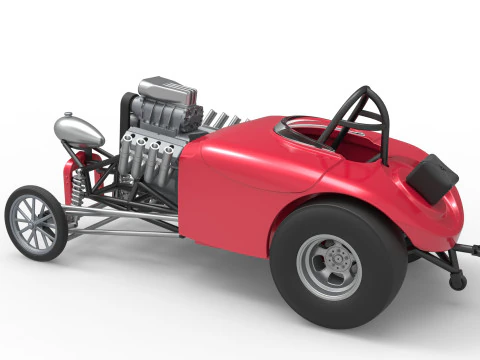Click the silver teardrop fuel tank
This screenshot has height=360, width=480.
click(78, 130)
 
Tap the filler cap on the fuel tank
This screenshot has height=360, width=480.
click(69, 115)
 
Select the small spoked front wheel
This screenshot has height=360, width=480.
click(35, 222)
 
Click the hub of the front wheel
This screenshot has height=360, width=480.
click(35, 222)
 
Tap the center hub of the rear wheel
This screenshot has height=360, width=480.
click(331, 267)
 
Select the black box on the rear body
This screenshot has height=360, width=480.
click(432, 178)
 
